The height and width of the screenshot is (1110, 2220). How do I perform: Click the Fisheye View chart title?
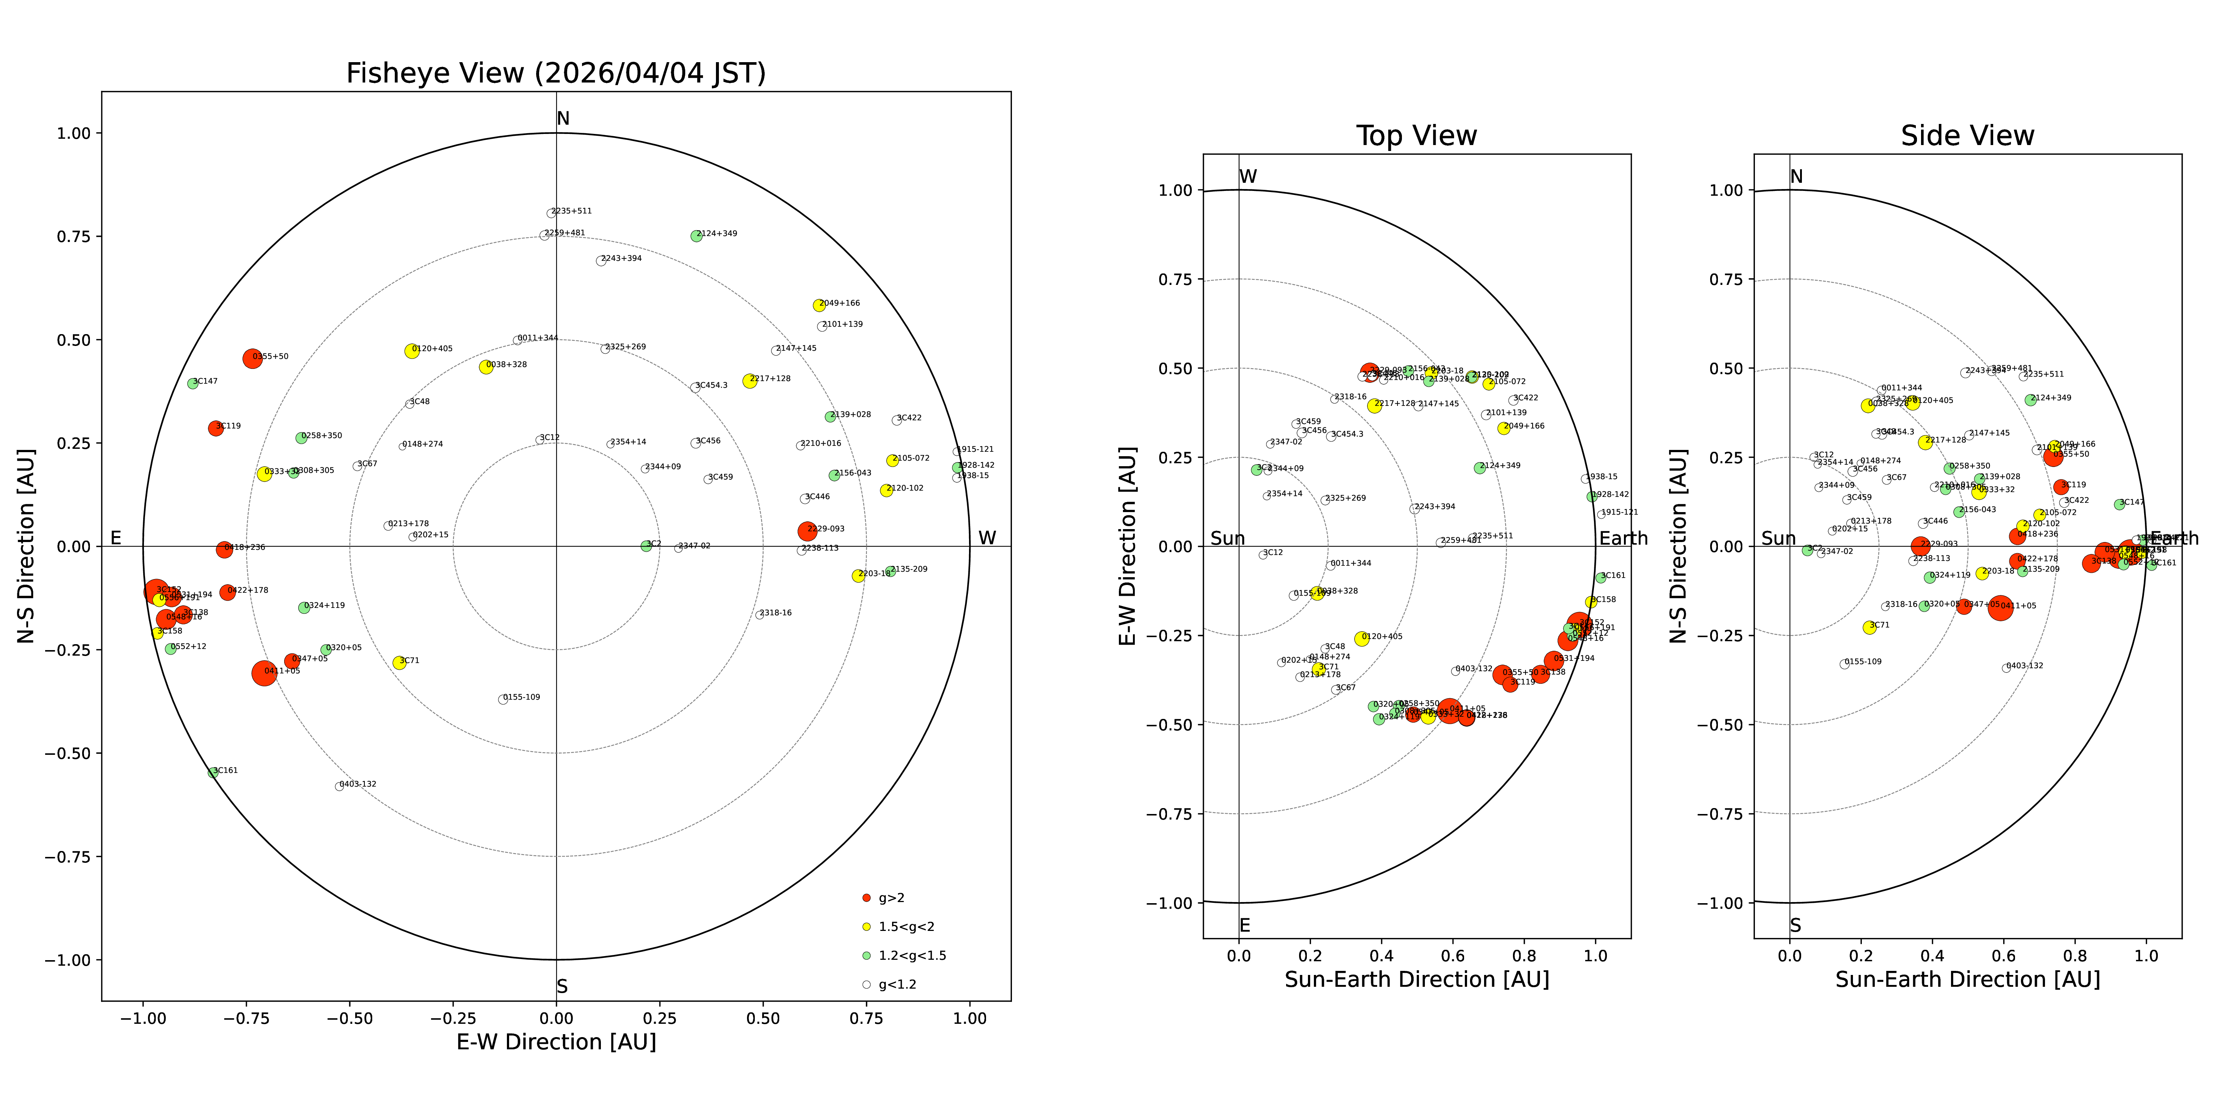point(556,73)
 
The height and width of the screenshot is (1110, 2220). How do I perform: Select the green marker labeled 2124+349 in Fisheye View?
point(696,236)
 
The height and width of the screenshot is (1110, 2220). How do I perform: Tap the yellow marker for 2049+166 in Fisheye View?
point(819,305)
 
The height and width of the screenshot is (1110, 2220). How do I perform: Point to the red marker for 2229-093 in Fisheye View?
point(807,531)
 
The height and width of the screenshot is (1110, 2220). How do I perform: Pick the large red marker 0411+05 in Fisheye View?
point(265,673)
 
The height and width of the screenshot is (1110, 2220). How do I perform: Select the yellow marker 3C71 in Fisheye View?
point(399,663)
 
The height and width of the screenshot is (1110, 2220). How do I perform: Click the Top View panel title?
point(1416,136)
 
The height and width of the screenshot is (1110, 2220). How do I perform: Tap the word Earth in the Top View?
point(1623,539)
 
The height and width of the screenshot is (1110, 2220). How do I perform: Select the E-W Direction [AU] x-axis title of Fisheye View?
point(556,1042)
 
